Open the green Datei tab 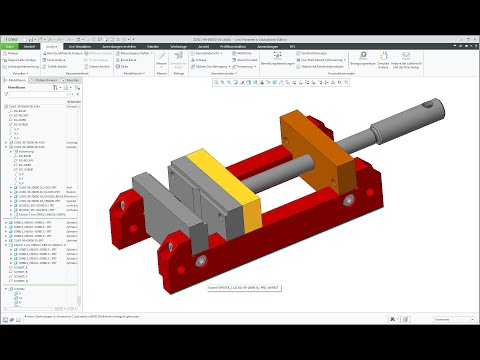(x=9, y=46)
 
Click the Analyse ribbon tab (x=51, y=46)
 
